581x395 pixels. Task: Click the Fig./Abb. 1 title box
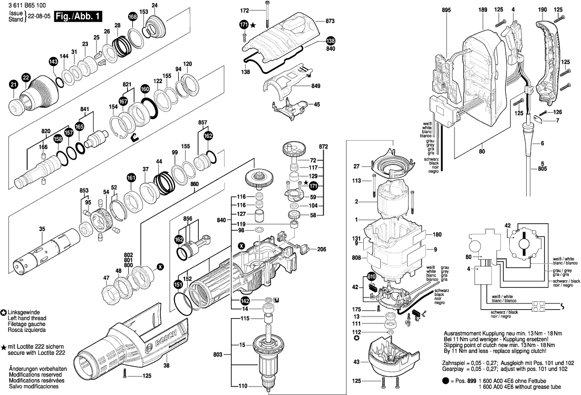(78, 17)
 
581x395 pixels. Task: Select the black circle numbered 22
(25, 77)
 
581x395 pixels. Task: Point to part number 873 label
(330, 21)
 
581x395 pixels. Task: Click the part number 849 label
(316, 86)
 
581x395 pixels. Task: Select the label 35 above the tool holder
(42, 229)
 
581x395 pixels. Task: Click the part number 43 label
(356, 362)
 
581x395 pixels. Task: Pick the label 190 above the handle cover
(543, 10)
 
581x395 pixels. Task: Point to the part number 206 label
(322, 249)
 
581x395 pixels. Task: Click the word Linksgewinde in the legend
(24, 312)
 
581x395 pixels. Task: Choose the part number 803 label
(218, 354)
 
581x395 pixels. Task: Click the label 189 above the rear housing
(483, 10)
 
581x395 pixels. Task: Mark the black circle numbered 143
(53, 62)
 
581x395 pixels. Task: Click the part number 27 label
(356, 166)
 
